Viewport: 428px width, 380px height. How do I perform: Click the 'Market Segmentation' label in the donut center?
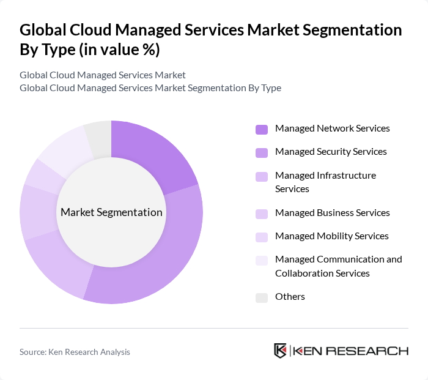(x=111, y=212)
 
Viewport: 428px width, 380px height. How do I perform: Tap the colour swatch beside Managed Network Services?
(x=262, y=129)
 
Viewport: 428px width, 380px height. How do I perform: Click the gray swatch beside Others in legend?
(x=262, y=297)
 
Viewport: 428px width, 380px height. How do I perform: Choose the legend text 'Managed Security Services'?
(x=331, y=152)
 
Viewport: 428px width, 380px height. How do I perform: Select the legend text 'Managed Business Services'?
(x=332, y=213)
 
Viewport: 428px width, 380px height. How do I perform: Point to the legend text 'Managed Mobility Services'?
(x=331, y=236)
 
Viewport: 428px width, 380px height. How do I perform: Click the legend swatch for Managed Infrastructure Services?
(x=262, y=176)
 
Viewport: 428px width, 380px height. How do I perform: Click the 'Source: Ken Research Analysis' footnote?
(x=75, y=352)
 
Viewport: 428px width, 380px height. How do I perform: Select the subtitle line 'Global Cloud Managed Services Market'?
(x=103, y=75)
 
